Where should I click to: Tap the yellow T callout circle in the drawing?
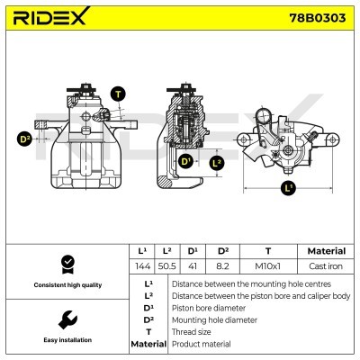click(x=118, y=94)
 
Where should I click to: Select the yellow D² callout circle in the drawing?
click(x=25, y=139)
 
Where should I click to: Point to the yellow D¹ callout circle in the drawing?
click(x=186, y=161)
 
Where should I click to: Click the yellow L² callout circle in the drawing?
click(x=216, y=163)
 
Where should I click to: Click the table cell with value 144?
click(x=141, y=265)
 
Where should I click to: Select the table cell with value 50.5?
click(x=167, y=265)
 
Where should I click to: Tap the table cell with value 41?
click(x=193, y=265)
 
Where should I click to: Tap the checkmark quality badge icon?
click(x=66, y=263)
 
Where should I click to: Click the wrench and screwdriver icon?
click(x=66, y=319)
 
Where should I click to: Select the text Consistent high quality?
click(x=66, y=284)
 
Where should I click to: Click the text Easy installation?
click(x=66, y=341)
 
